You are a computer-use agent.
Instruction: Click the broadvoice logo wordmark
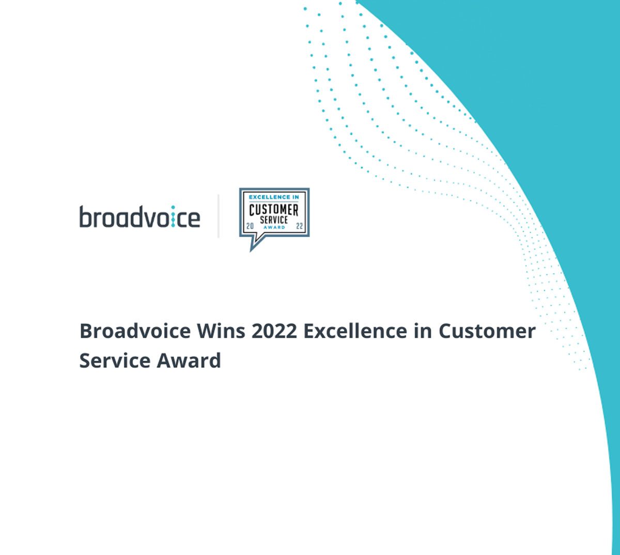point(140,216)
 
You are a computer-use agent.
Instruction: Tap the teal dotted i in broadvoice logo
point(173,216)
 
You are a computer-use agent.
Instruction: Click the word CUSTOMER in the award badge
point(274,210)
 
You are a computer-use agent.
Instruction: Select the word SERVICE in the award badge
point(274,220)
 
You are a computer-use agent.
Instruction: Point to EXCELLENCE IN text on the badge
point(274,197)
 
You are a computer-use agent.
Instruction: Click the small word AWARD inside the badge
point(274,227)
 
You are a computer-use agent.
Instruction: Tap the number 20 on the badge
point(250,226)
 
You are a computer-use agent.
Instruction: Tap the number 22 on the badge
point(299,226)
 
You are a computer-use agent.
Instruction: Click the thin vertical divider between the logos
point(218,216)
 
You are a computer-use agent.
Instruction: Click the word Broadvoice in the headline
point(135,331)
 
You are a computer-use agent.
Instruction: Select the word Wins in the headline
point(221,331)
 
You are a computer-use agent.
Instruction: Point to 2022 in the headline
point(274,331)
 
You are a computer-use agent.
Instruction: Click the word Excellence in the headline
point(355,331)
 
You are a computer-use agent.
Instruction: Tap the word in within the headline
point(423,331)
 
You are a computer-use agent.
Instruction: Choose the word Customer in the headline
point(487,331)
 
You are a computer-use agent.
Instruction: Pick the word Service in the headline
point(115,360)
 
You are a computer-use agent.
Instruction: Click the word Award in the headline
point(189,360)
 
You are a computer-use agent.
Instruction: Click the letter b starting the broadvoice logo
point(86,216)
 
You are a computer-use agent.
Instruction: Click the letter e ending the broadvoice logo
point(194,219)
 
